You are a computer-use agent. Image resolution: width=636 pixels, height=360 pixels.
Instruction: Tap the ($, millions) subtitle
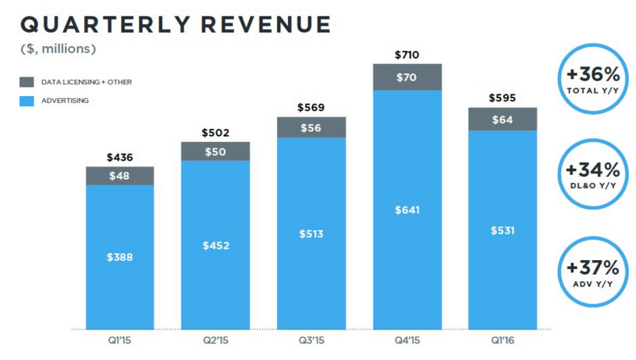pos(59,48)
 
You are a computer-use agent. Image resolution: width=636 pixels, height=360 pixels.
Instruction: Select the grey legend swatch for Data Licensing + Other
pos(27,82)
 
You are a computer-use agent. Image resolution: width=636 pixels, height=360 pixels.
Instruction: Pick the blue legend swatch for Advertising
pos(27,101)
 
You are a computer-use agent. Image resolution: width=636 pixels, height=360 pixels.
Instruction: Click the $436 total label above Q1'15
pos(119,158)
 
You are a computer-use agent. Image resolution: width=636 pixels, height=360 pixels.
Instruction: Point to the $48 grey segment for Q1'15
pos(119,176)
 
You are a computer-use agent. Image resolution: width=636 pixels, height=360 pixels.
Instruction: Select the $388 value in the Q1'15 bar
pos(119,256)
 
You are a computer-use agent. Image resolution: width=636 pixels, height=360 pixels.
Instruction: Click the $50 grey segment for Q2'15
pos(215,151)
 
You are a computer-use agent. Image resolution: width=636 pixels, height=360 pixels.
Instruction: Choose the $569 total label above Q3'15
pos(311,108)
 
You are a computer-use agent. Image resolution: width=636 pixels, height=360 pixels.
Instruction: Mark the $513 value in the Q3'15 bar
pos(311,233)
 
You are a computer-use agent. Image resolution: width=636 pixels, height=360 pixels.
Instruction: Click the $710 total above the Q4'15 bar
pos(407,55)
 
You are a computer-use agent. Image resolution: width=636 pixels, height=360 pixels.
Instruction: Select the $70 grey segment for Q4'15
pos(407,77)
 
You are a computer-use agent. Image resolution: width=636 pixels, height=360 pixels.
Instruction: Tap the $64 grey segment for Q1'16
pos(503,119)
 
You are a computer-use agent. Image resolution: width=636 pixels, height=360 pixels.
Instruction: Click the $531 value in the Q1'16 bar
pos(503,230)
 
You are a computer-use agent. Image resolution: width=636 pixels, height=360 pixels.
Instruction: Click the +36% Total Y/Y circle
pos(593,80)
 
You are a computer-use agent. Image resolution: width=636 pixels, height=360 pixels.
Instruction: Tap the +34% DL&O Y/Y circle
pos(593,173)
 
